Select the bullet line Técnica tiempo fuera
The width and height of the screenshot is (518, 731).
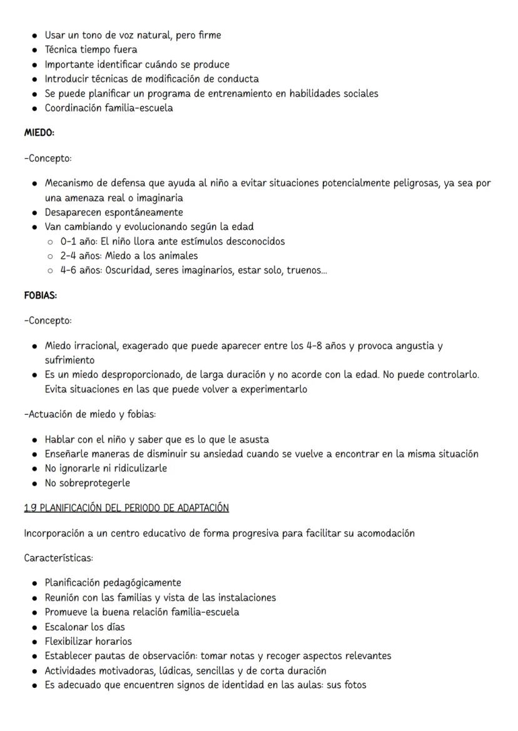91,50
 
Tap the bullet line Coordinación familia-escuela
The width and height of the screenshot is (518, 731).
109,108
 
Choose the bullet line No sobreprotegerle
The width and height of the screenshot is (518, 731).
86,483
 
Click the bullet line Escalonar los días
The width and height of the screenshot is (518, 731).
84,627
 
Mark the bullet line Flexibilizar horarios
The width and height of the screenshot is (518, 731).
88,641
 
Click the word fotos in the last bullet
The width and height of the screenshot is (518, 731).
354,684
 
